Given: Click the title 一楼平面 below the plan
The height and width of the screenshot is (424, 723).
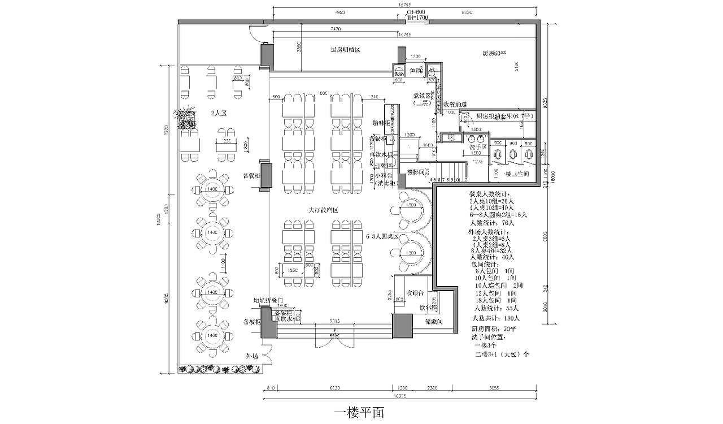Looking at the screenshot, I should [x=359, y=412].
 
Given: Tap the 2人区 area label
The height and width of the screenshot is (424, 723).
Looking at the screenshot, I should [x=219, y=114].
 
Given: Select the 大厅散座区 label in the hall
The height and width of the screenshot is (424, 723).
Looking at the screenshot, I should [x=323, y=210].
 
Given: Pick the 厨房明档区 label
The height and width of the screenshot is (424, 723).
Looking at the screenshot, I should [x=345, y=50].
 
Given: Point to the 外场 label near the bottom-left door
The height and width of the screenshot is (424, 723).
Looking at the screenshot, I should [x=252, y=356].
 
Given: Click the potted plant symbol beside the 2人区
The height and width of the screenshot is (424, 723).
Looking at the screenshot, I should [x=185, y=119].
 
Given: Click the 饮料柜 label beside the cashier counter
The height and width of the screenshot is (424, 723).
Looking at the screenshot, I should [x=428, y=308].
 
